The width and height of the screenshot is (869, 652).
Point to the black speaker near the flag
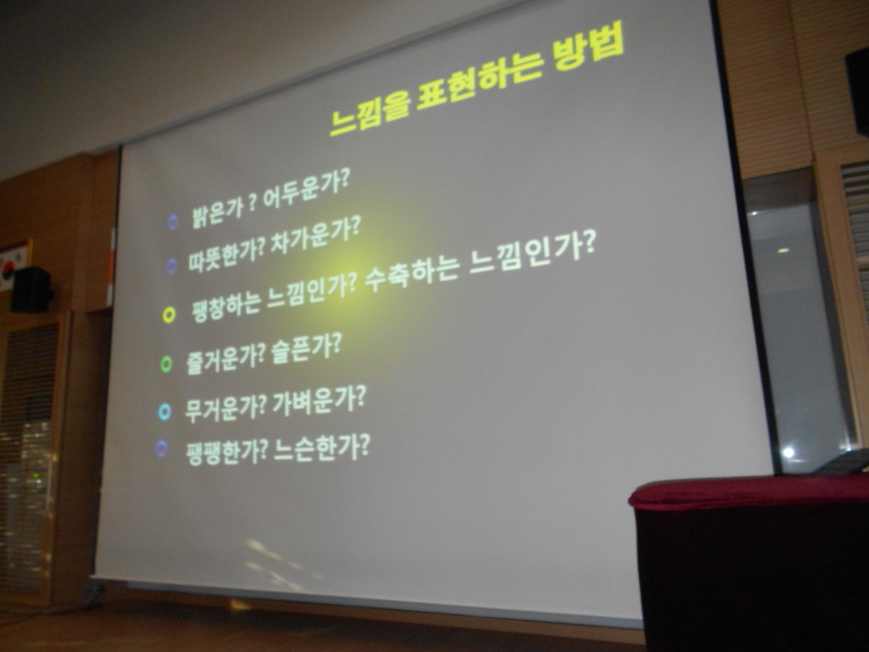pyautogui.click(x=31, y=289)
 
